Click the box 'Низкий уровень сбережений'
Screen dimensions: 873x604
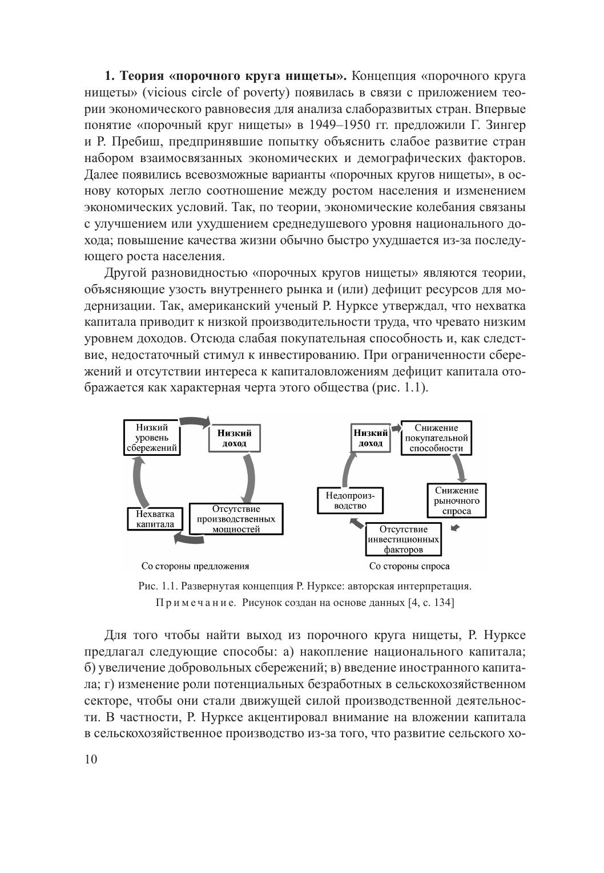tap(152, 438)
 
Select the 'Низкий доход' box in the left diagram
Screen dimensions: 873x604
tap(234, 438)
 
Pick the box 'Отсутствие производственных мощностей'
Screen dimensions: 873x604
tap(236, 519)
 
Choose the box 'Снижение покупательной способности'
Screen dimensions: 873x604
tap(437, 438)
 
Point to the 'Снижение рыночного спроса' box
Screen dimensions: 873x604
tap(457, 500)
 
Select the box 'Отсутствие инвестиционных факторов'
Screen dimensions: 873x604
tap(404, 539)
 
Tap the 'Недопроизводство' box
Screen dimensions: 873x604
tap(350, 500)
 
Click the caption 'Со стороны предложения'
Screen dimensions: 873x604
tap(195, 566)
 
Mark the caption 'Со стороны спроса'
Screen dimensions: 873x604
tap(409, 566)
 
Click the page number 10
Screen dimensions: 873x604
tap(91, 759)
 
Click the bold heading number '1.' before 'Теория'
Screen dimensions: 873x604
tap(110, 76)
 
